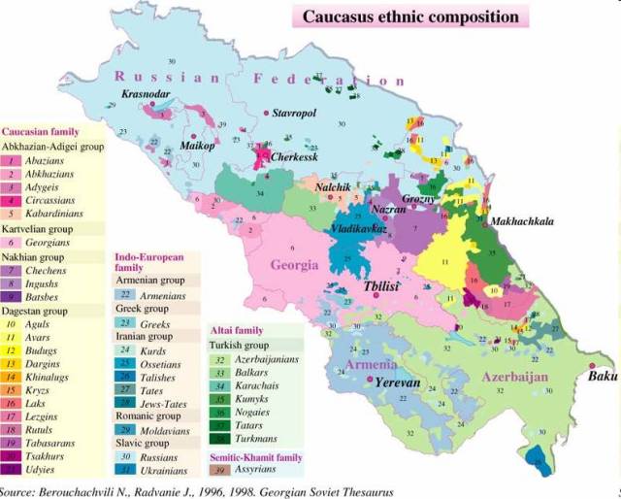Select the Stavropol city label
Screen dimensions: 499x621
point(294,114)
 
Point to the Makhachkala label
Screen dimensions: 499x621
point(522,221)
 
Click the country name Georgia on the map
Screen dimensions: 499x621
point(294,265)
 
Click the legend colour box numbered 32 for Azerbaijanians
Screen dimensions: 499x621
point(221,360)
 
